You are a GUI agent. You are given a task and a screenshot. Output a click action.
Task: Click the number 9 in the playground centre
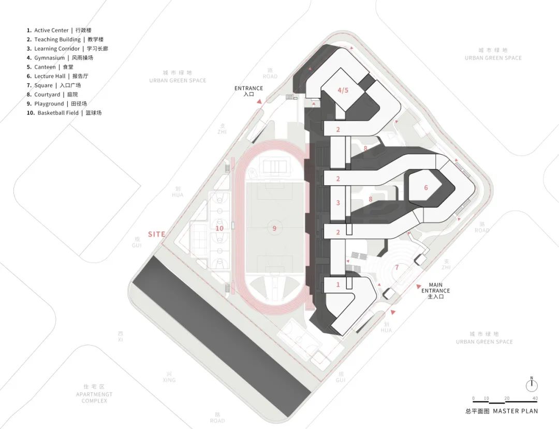274,227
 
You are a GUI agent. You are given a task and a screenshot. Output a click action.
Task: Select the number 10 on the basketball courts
219,228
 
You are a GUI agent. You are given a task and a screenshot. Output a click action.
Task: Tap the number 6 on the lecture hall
426,188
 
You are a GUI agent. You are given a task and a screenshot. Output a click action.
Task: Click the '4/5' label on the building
343,90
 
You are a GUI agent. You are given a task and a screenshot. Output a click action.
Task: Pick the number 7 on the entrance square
397,268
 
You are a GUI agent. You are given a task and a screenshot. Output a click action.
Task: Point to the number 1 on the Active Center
338,285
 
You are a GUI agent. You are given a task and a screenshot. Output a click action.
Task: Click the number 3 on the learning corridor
338,203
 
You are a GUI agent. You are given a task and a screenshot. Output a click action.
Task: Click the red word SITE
156,234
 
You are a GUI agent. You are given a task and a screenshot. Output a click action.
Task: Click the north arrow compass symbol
531,385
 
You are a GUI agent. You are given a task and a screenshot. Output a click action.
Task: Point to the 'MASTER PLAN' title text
515,411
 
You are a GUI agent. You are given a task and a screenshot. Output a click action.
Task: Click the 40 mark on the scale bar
535,398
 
